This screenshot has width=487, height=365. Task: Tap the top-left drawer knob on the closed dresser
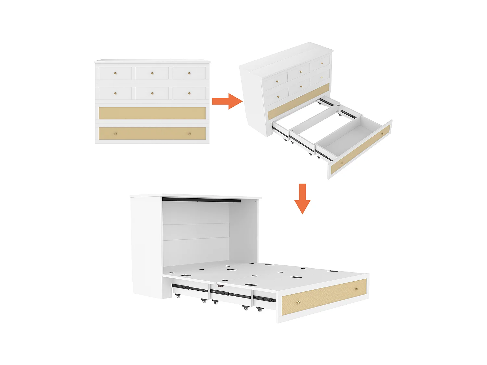click(x=115, y=73)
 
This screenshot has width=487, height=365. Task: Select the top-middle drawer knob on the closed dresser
click(x=152, y=73)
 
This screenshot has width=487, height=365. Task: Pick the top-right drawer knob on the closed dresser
click(x=189, y=73)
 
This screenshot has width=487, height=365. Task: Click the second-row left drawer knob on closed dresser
click(x=115, y=93)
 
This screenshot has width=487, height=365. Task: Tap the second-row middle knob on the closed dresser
click(x=152, y=93)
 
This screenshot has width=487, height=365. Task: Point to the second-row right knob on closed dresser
click(x=189, y=93)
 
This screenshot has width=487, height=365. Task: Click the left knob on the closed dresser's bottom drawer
click(x=115, y=133)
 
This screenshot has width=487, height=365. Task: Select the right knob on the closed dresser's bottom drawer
click(x=190, y=133)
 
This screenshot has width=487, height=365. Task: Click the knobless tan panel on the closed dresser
click(x=152, y=113)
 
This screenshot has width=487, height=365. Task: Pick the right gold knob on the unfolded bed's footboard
click(x=356, y=288)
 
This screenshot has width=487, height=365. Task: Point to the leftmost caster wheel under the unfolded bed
click(x=178, y=296)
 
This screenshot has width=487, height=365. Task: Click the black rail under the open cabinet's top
click(x=201, y=200)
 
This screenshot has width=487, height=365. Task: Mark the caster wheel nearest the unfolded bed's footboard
click(x=259, y=310)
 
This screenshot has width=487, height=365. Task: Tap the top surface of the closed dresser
click(x=152, y=61)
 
